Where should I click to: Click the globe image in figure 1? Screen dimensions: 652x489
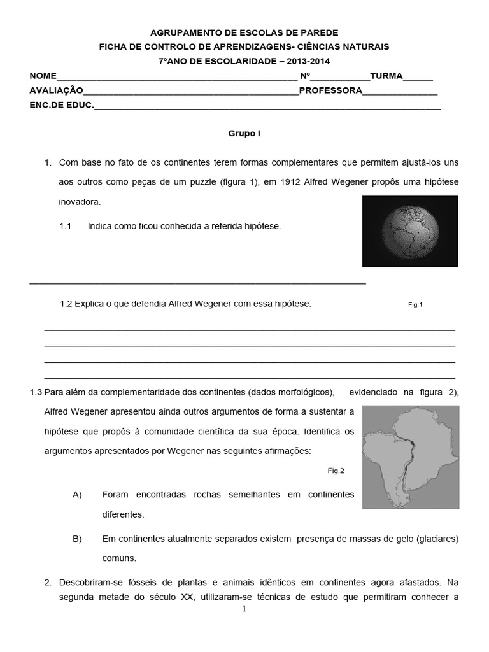pyautogui.click(x=409, y=231)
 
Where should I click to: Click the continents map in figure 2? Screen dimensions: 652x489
pyautogui.click(x=410, y=457)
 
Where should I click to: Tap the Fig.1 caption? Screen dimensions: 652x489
pyautogui.click(x=415, y=305)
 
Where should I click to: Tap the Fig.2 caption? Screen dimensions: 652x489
pyautogui.click(x=336, y=471)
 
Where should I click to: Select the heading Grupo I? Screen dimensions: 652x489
pyautogui.click(x=244, y=134)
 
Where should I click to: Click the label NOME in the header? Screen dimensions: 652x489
pyautogui.click(x=43, y=76)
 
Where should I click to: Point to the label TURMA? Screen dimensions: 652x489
pyautogui.click(x=386, y=76)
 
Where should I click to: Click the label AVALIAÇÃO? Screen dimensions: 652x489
pyautogui.click(x=57, y=91)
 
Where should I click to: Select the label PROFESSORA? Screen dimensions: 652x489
pyautogui.click(x=330, y=91)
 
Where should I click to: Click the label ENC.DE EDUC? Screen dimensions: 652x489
pyautogui.click(x=61, y=105)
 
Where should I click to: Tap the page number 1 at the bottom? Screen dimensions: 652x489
pyautogui.click(x=244, y=609)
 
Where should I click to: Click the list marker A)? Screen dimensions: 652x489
pyautogui.click(x=78, y=495)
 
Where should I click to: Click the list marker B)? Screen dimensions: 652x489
pyautogui.click(x=78, y=539)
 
